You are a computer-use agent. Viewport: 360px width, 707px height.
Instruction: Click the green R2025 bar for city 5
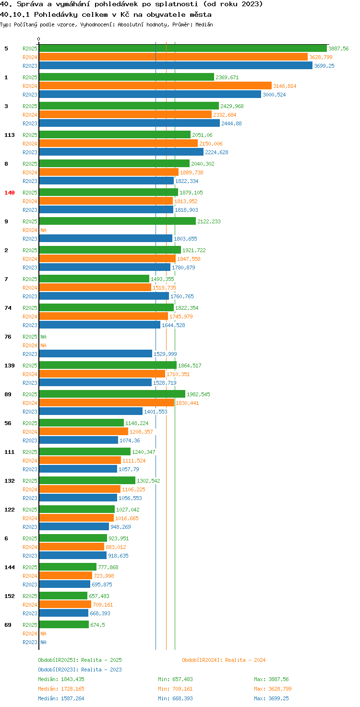pos(183,49)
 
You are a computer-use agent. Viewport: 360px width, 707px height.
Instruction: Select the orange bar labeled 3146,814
pos(155,86)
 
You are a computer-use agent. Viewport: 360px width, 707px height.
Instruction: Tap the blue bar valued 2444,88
pos(130,123)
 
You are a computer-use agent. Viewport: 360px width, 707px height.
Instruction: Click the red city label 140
pos(10,193)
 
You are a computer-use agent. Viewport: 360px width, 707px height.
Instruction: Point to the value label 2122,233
pos(209,221)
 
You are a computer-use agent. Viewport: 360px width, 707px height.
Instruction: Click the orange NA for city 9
pos(43,230)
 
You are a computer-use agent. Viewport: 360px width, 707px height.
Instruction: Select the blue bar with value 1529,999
pos(96,353)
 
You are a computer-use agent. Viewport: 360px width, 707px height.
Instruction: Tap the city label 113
pos(10,135)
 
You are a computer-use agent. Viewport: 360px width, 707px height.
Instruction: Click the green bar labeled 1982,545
pos(112,394)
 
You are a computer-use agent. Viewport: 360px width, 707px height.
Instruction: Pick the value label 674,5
pos(97,625)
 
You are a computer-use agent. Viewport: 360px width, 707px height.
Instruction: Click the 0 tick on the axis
pos(38,39)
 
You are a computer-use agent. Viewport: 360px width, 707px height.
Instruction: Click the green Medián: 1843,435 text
pos(61,679)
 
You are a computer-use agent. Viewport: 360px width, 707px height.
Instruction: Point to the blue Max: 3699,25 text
pos(271,698)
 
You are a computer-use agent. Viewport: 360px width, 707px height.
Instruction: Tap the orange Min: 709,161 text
pos(175,689)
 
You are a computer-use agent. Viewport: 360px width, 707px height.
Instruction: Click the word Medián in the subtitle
pos(204,24)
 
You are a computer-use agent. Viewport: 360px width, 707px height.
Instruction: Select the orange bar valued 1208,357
pos(84,431)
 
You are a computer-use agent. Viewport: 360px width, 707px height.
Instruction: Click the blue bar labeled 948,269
pos(74,526)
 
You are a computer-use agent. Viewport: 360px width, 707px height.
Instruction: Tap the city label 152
pos(10,596)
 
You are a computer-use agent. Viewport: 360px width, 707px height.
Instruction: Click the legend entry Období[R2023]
pos(58,670)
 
